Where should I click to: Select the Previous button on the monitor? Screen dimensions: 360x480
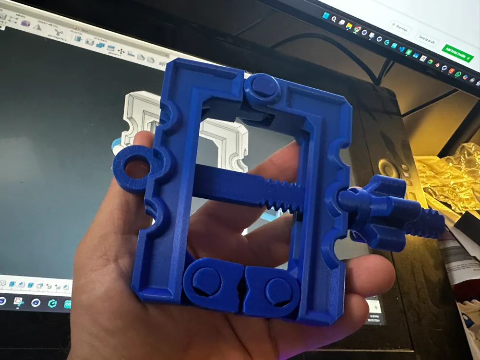point(400,27)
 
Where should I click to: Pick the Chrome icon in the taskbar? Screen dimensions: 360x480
point(357,29)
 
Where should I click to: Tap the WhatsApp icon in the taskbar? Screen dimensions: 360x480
point(458,74)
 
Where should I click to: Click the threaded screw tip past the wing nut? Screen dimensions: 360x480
point(427,224)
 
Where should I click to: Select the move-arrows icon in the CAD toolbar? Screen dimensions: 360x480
point(121,50)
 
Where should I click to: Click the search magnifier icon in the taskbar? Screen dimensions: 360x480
point(333,19)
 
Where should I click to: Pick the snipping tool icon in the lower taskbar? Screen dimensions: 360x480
point(18,301)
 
